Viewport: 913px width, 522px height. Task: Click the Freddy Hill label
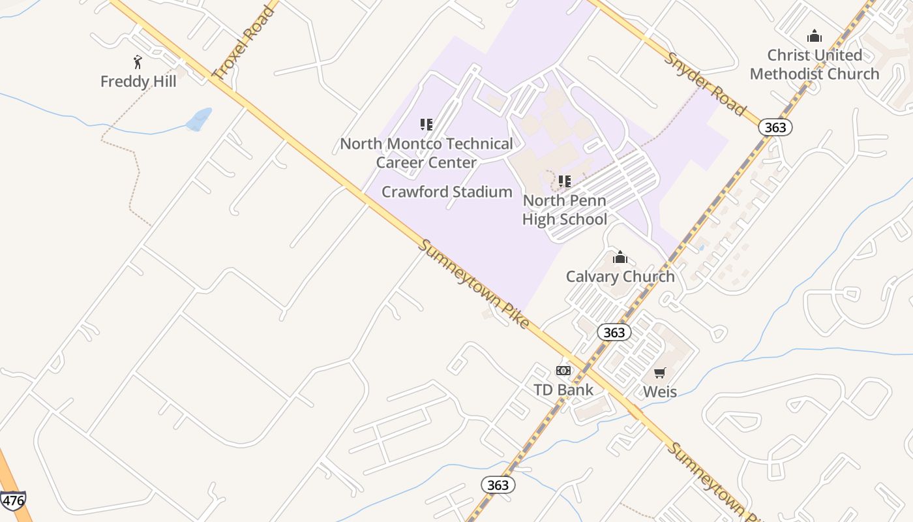coord(138,82)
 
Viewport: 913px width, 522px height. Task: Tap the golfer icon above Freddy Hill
coord(138,63)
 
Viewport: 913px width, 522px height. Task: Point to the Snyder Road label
coord(704,84)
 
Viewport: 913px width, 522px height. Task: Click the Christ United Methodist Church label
coord(815,65)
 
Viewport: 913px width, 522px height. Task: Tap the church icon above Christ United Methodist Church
coord(814,36)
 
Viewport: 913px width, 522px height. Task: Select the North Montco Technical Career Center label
coord(427,153)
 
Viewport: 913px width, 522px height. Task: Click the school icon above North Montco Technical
coord(427,124)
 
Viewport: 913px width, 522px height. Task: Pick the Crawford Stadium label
coord(447,192)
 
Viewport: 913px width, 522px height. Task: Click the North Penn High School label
coord(565,209)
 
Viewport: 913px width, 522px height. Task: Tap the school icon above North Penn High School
coord(565,181)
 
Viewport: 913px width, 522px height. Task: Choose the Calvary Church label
coord(620,276)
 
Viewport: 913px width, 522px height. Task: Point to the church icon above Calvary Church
coord(620,257)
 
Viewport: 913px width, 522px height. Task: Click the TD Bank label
coord(563,390)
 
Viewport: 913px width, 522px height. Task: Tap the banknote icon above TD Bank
coord(563,371)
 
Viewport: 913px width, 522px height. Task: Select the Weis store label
coord(660,391)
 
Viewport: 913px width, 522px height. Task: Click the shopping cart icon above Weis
coord(660,373)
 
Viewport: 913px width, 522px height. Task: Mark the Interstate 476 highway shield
coord(13,500)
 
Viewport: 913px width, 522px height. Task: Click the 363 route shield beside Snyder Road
coord(775,127)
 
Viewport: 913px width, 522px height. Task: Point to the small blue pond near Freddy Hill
coord(199,119)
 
